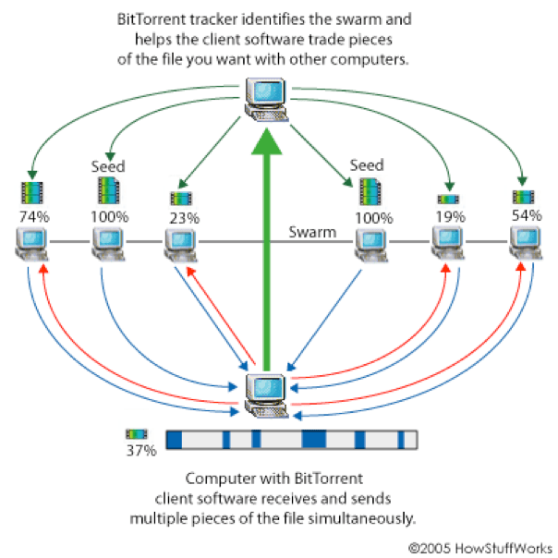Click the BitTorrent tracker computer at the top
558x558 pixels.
click(267, 100)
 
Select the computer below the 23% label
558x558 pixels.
click(181, 243)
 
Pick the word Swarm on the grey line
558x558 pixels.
click(312, 232)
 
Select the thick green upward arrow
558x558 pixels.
click(267, 249)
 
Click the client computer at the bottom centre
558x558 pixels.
click(267, 394)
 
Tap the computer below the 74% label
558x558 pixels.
click(33, 243)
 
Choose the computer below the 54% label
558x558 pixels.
click(524, 243)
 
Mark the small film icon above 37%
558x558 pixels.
click(137, 433)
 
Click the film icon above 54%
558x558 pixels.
click(523, 196)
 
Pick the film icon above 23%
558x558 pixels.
click(181, 198)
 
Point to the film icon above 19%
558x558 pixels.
click(449, 199)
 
